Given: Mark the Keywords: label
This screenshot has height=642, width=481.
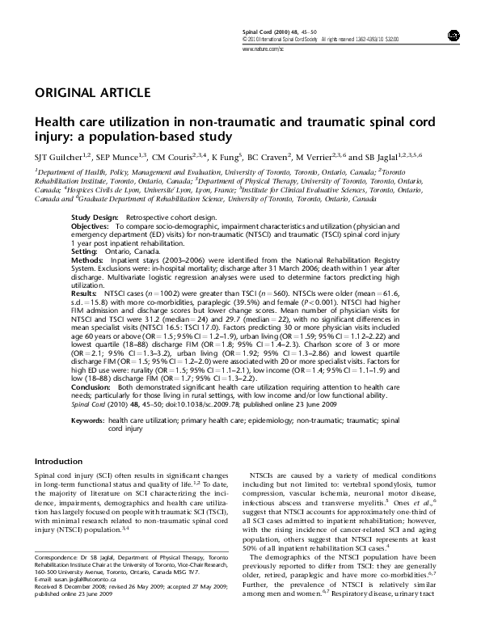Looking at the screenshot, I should point(88,421).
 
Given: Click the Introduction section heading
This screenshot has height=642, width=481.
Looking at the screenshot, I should point(59,460).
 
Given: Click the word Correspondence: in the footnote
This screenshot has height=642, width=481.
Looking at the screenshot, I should point(55,559).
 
